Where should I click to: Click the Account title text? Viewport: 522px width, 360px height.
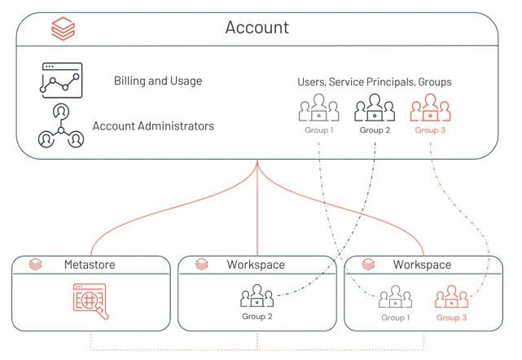click(257, 28)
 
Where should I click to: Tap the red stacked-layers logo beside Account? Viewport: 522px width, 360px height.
click(64, 29)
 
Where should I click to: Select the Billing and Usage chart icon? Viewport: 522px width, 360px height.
click(61, 81)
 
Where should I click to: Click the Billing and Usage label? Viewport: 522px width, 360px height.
click(158, 81)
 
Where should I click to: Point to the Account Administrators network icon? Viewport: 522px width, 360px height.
click(61, 126)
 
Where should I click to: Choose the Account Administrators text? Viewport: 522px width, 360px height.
click(153, 126)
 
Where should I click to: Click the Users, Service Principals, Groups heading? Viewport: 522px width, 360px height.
click(374, 82)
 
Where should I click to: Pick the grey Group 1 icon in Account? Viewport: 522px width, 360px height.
click(319, 108)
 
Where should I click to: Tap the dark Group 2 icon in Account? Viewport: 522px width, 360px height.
click(375, 108)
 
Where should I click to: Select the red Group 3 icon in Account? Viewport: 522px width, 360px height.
click(430, 108)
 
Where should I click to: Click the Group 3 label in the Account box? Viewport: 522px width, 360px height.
click(430, 130)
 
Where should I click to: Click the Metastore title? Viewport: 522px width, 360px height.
click(90, 265)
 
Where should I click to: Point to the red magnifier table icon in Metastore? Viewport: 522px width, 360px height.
click(90, 301)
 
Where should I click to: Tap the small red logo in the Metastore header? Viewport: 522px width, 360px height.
click(35, 264)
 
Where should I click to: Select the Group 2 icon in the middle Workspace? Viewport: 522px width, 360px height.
click(257, 296)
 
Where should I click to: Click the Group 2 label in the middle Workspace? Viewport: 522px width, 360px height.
click(257, 316)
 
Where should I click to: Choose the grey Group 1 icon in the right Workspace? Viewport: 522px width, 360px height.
click(395, 296)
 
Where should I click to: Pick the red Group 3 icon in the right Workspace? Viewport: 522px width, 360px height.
click(451, 296)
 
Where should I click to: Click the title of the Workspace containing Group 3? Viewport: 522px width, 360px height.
click(422, 265)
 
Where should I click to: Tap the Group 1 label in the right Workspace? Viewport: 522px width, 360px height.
click(396, 318)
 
